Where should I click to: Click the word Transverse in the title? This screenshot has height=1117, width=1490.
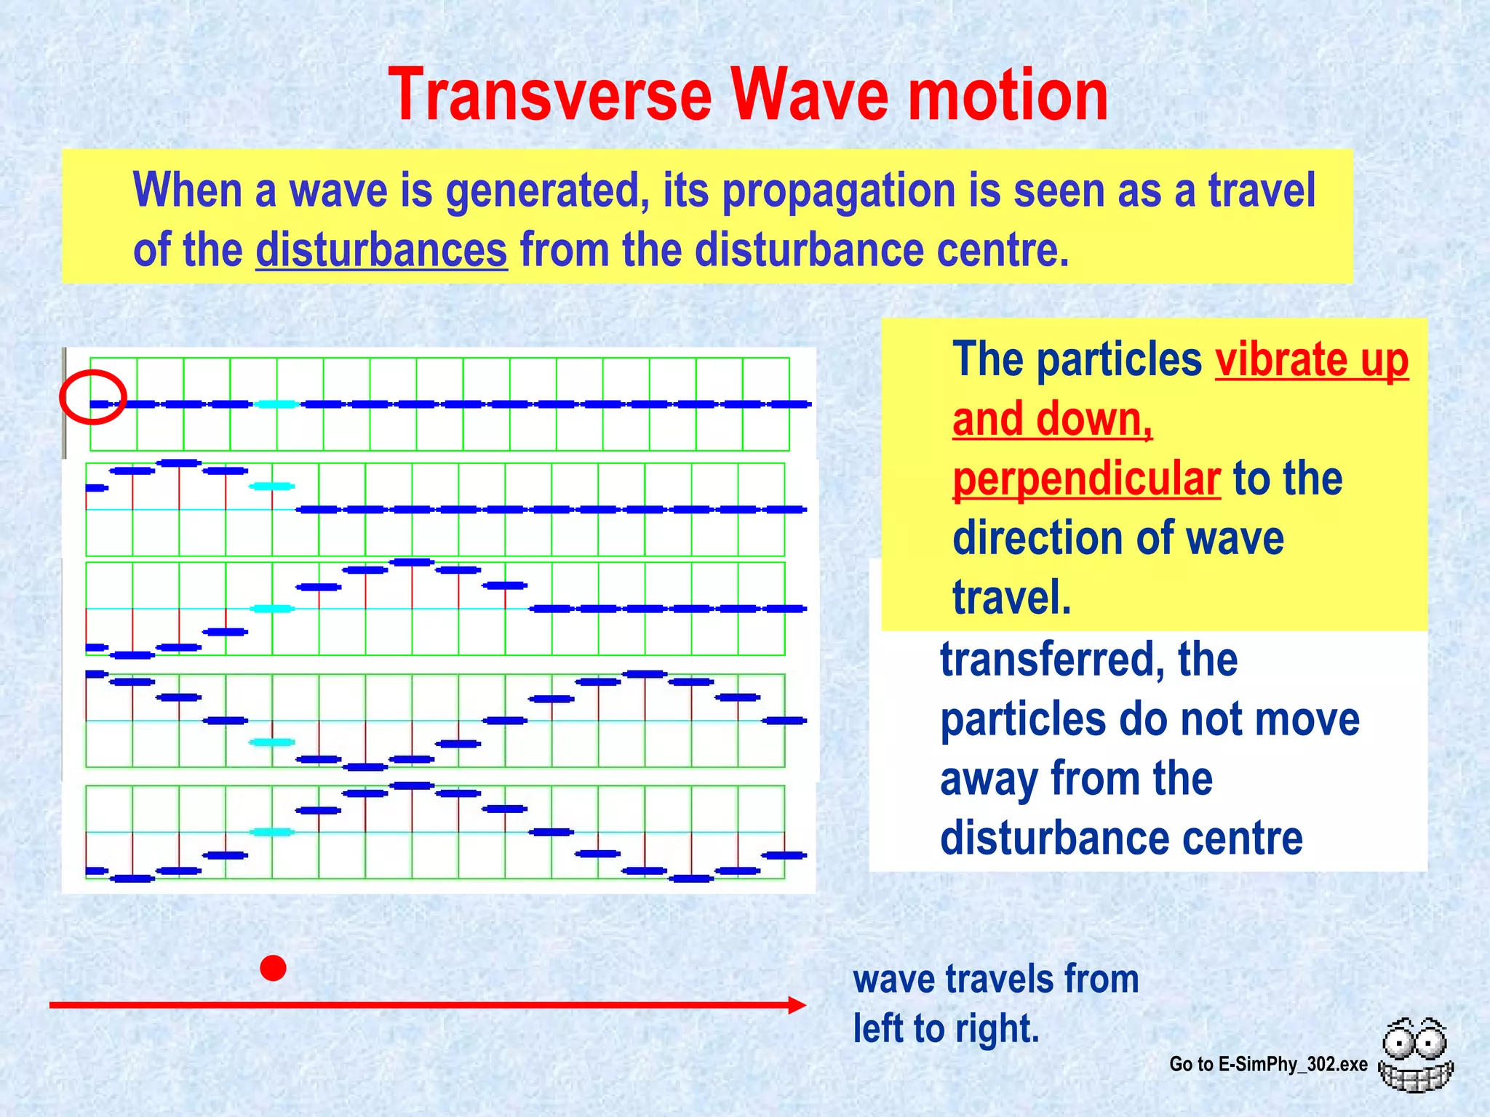(x=551, y=95)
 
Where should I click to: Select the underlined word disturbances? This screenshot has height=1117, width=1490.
(x=381, y=249)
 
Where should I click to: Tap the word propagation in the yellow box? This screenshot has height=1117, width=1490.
(x=839, y=191)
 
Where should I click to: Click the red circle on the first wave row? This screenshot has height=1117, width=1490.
(x=93, y=397)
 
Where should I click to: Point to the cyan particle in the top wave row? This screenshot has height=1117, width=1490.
(x=277, y=404)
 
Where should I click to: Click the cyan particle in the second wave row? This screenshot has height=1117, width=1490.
(x=272, y=486)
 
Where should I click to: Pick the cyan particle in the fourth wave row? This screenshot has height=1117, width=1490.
(x=272, y=742)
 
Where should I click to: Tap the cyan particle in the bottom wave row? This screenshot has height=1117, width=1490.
(x=272, y=832)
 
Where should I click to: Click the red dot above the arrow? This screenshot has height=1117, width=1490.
(x=273, y=968)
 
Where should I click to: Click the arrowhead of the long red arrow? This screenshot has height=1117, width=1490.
(x=797, y=1005)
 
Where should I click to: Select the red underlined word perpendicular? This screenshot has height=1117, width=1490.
(x=1085, y=479)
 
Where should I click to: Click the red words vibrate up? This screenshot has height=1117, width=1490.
(x=1311, y=359)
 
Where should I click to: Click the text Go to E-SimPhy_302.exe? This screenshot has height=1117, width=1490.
(x=1268, y=1064)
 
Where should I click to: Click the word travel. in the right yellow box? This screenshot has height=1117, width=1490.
(x=1012, y=598)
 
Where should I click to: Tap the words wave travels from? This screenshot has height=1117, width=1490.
(x=995, y=979)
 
